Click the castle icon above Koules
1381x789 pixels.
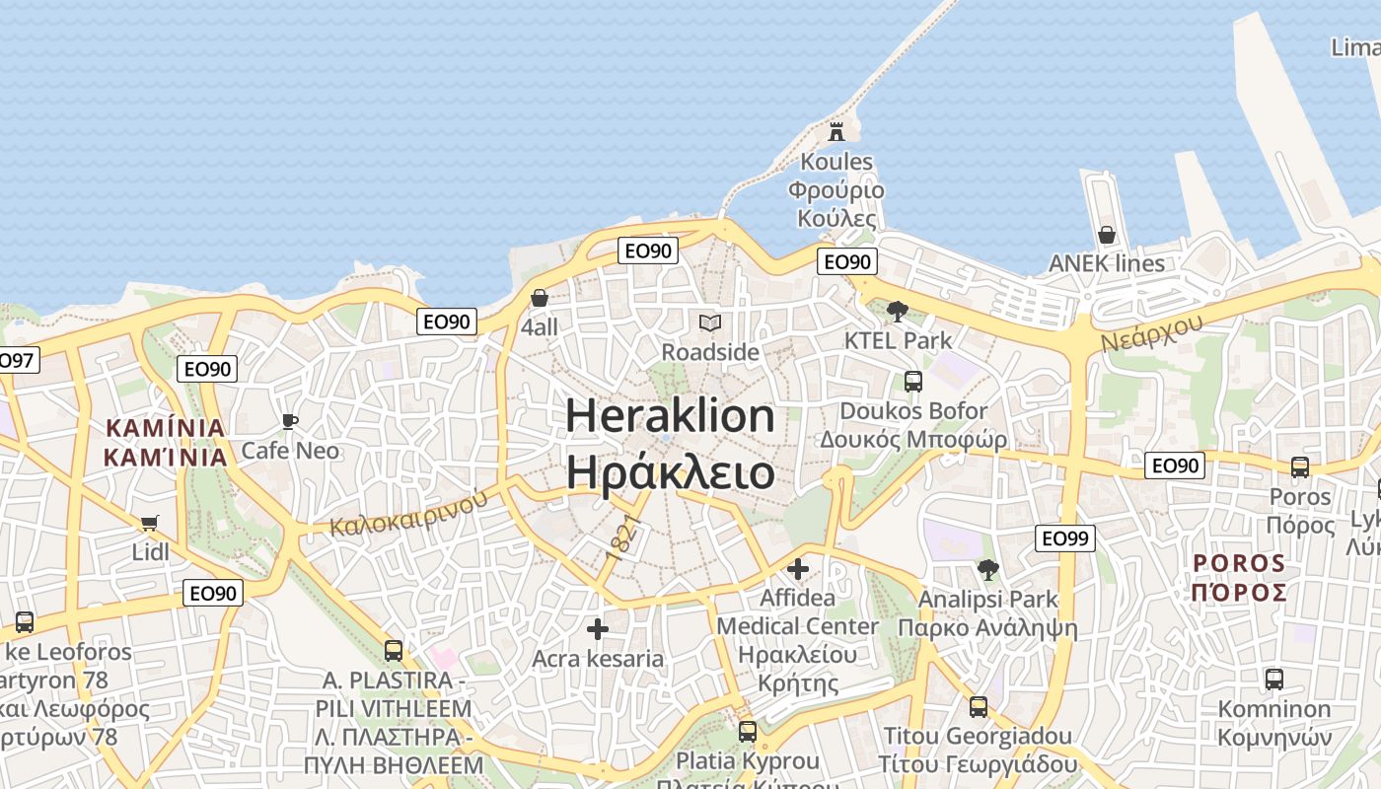(x=836, y=131)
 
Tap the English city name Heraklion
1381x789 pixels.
(x=670, y=415)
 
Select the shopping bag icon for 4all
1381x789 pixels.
(x=540, y=298)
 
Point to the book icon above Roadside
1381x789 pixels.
(x=710, y=323)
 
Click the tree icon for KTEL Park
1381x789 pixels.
(x=898, y=312)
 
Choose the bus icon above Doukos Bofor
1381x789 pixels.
(x=913, y=381)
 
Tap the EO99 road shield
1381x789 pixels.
(x=1066, y=538)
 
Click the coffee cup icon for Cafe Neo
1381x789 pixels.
(x=290, y=421)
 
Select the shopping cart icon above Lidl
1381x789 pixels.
(x=150, y=523)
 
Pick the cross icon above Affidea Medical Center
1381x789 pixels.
(x=798, y=569)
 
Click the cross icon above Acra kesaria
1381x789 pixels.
(x=598, y=629)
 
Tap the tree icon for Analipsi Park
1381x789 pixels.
(x=987, y=569)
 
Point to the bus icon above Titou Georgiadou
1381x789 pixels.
(x=979, y=706)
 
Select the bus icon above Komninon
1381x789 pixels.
(x=1274, y=679)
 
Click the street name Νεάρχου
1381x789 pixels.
(x=1152, y=332)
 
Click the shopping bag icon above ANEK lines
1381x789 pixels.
(x=1107, y=235)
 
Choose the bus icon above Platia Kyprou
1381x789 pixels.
(x=748, y=731)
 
